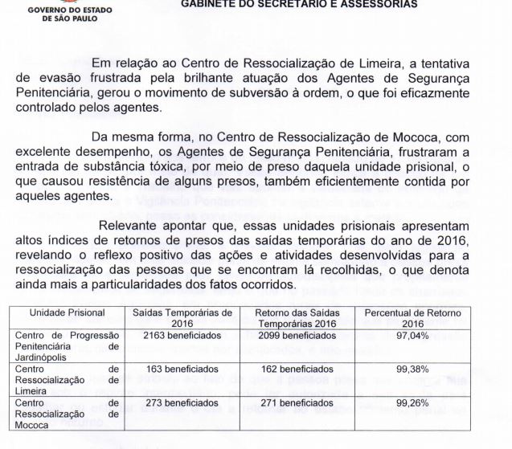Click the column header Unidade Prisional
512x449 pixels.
[68, 312]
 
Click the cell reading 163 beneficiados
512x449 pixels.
[168, 368]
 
